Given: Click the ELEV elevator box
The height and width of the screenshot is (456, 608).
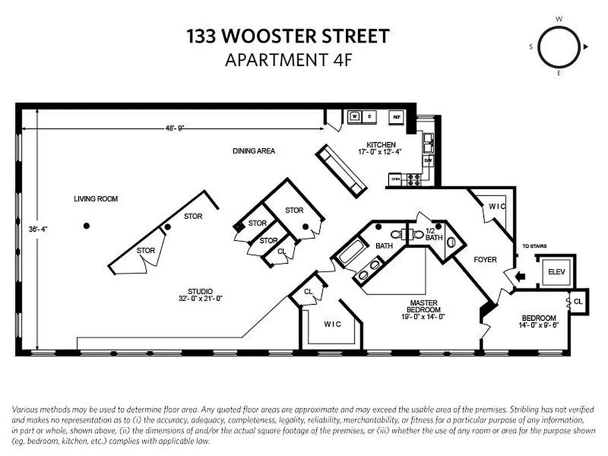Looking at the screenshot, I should tap(556, 272).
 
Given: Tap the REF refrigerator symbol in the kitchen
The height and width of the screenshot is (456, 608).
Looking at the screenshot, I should tap(396, 117).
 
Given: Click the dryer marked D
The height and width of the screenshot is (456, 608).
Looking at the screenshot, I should tap(369, 117).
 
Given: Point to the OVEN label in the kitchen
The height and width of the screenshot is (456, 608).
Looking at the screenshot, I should tap(395, 180).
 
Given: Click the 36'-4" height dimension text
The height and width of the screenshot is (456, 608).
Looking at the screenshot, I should tap(38, 229).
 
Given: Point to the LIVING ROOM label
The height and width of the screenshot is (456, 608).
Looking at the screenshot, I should tap(96, 199).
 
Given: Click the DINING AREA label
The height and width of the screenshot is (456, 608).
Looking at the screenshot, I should tap(254, 151).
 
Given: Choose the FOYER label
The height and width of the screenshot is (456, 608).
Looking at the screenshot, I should tap(485, 259).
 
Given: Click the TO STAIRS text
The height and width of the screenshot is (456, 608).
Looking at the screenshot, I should tap(534, 246).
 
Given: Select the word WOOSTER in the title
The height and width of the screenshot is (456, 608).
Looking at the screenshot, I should tap(274, 36).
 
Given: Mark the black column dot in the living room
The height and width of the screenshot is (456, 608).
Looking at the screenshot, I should tap(86, 226).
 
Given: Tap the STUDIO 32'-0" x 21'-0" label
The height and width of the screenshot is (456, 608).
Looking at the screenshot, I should tap(200, 295).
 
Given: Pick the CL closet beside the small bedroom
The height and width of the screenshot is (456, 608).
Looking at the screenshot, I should tap(578, 301).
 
